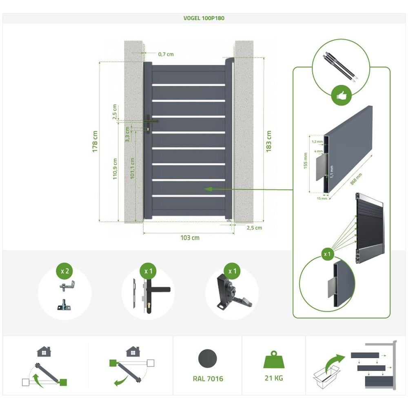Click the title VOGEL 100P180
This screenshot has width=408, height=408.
point(204,18)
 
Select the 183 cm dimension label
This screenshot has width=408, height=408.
point(268,141)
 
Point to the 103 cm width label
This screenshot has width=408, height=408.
point(190,237)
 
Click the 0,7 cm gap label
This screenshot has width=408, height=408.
point(166,54)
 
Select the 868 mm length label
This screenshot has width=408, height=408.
point(356,179)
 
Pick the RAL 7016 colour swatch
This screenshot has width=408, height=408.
point(208,359)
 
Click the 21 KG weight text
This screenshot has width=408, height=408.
point(273,378)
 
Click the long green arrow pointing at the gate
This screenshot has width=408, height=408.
point(249,189)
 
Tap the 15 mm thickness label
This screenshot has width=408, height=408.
point(322,199)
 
